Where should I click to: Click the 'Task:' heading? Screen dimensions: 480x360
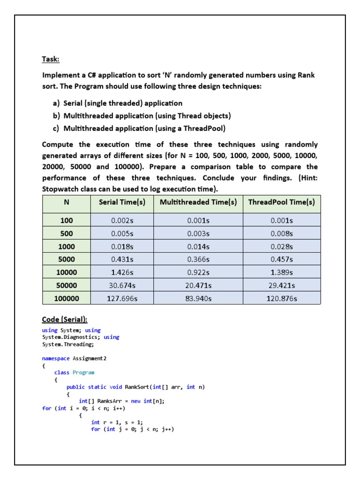(x=51, y=60)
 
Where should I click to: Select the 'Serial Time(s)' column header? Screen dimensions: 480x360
(x=122, y=202)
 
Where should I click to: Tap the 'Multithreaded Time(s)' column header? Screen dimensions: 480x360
(x=198, y=202)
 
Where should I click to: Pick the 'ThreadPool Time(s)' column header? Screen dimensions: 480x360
(x=281, y=202)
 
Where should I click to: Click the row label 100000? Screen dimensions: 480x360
(x=66, y=298)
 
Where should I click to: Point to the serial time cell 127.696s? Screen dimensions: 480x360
(x=122, y=298)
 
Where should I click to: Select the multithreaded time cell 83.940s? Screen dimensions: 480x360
(x=198, y=298)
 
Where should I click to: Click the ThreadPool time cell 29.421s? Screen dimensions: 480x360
(x=281, y=285)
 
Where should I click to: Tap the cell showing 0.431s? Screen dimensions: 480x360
(x=122, y=259)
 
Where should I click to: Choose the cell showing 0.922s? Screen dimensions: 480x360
(x=198, y=272)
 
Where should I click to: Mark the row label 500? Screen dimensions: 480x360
(x=66, y=233)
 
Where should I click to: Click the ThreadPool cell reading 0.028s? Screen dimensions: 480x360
(x=281, y=246)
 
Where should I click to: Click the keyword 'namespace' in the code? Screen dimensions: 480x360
(x=56, y=359)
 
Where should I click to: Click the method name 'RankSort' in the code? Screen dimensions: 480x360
(x=137, y=387)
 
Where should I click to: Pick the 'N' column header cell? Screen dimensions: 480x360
(x=66, y=202)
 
